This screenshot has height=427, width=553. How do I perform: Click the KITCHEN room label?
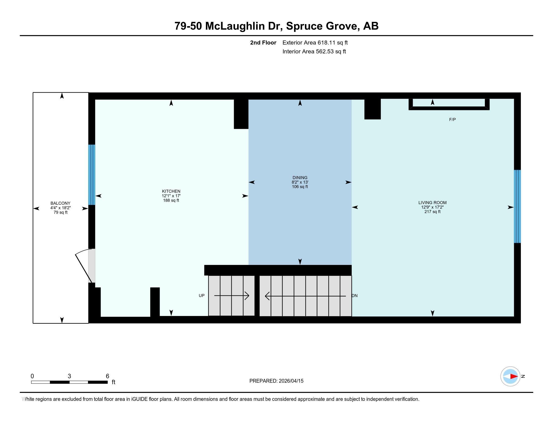(x=171, y=191)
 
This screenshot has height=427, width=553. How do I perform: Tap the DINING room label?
(x=300, y=178)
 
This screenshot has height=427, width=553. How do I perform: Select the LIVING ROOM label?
(x=432, y=203)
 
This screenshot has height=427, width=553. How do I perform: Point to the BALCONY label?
(x=60, y=203)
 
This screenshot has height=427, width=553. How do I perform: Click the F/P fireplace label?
(x=452, y=119)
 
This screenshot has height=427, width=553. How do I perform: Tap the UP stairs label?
(x=202, y=295)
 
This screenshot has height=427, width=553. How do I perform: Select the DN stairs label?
(x=354, y=295)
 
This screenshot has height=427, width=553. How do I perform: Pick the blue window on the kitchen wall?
(x=92, y=175)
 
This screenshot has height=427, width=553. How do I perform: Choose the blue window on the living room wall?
(x=517, y=206)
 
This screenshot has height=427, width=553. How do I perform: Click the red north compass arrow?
(x=514, y=377)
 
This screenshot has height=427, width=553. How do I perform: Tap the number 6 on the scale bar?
(x=107, y=376)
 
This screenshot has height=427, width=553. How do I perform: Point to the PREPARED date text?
(x=276, y=381)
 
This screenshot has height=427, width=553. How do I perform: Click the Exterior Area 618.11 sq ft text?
(x=315, y=42)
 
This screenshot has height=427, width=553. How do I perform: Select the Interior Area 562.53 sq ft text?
(x=314, y=51)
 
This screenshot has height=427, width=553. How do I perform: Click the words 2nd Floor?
(x=263, y=42)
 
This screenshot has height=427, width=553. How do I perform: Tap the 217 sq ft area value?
(x=432, y=212)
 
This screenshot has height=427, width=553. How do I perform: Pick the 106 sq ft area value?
(x=300, y=187)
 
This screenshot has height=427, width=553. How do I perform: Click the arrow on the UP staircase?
(x=232, y=295)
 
